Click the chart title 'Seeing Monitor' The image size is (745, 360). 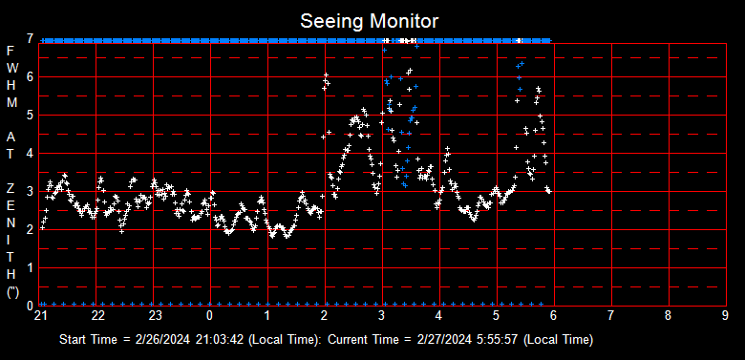pyautogui.click(x=370, y=20)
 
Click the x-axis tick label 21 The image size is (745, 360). pyautogui.click(x=41, y=316)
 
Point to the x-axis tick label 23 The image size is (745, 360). pyautogui.click(x=156, y=316)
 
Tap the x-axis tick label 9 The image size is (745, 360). pyautogui.click(x=726, y=316)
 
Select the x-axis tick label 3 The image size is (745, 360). pyautogui.click(x=382, y=316)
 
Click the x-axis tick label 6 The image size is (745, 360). pyautogui.click(x=554, y=316)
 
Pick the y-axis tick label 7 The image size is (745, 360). pyautogui.click(x=31, y=39)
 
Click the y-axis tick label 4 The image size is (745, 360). pyautogui.click(x=31, y=153)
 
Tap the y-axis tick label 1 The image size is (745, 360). pyautogui.click(x=31, y=267)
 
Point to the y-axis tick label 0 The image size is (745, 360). pyautogui.click(x=31, y=305)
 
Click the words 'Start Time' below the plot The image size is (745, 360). pyautogui.click(x=87, y=340)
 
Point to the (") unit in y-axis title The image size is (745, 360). pyautogui.click(x=11, y=292)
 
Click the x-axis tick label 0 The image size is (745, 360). pyautogui.click(x=210, y=316)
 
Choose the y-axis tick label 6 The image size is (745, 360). pyautogui.click(x=31, y=76)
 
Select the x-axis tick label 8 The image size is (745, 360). pyautogui.click(x=669, y=316)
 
